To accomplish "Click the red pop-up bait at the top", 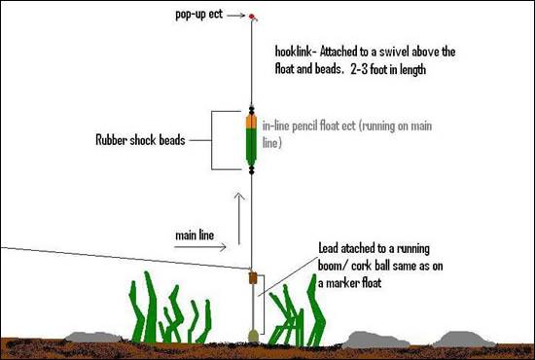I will pyautogui.click(x=252, y=18).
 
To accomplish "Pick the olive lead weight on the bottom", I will pyautogui.click(x=252, y=335).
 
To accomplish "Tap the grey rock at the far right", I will pyautogui.click(x=461, y=339).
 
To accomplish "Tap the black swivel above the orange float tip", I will pyautogui.click(x=252, y=111).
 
